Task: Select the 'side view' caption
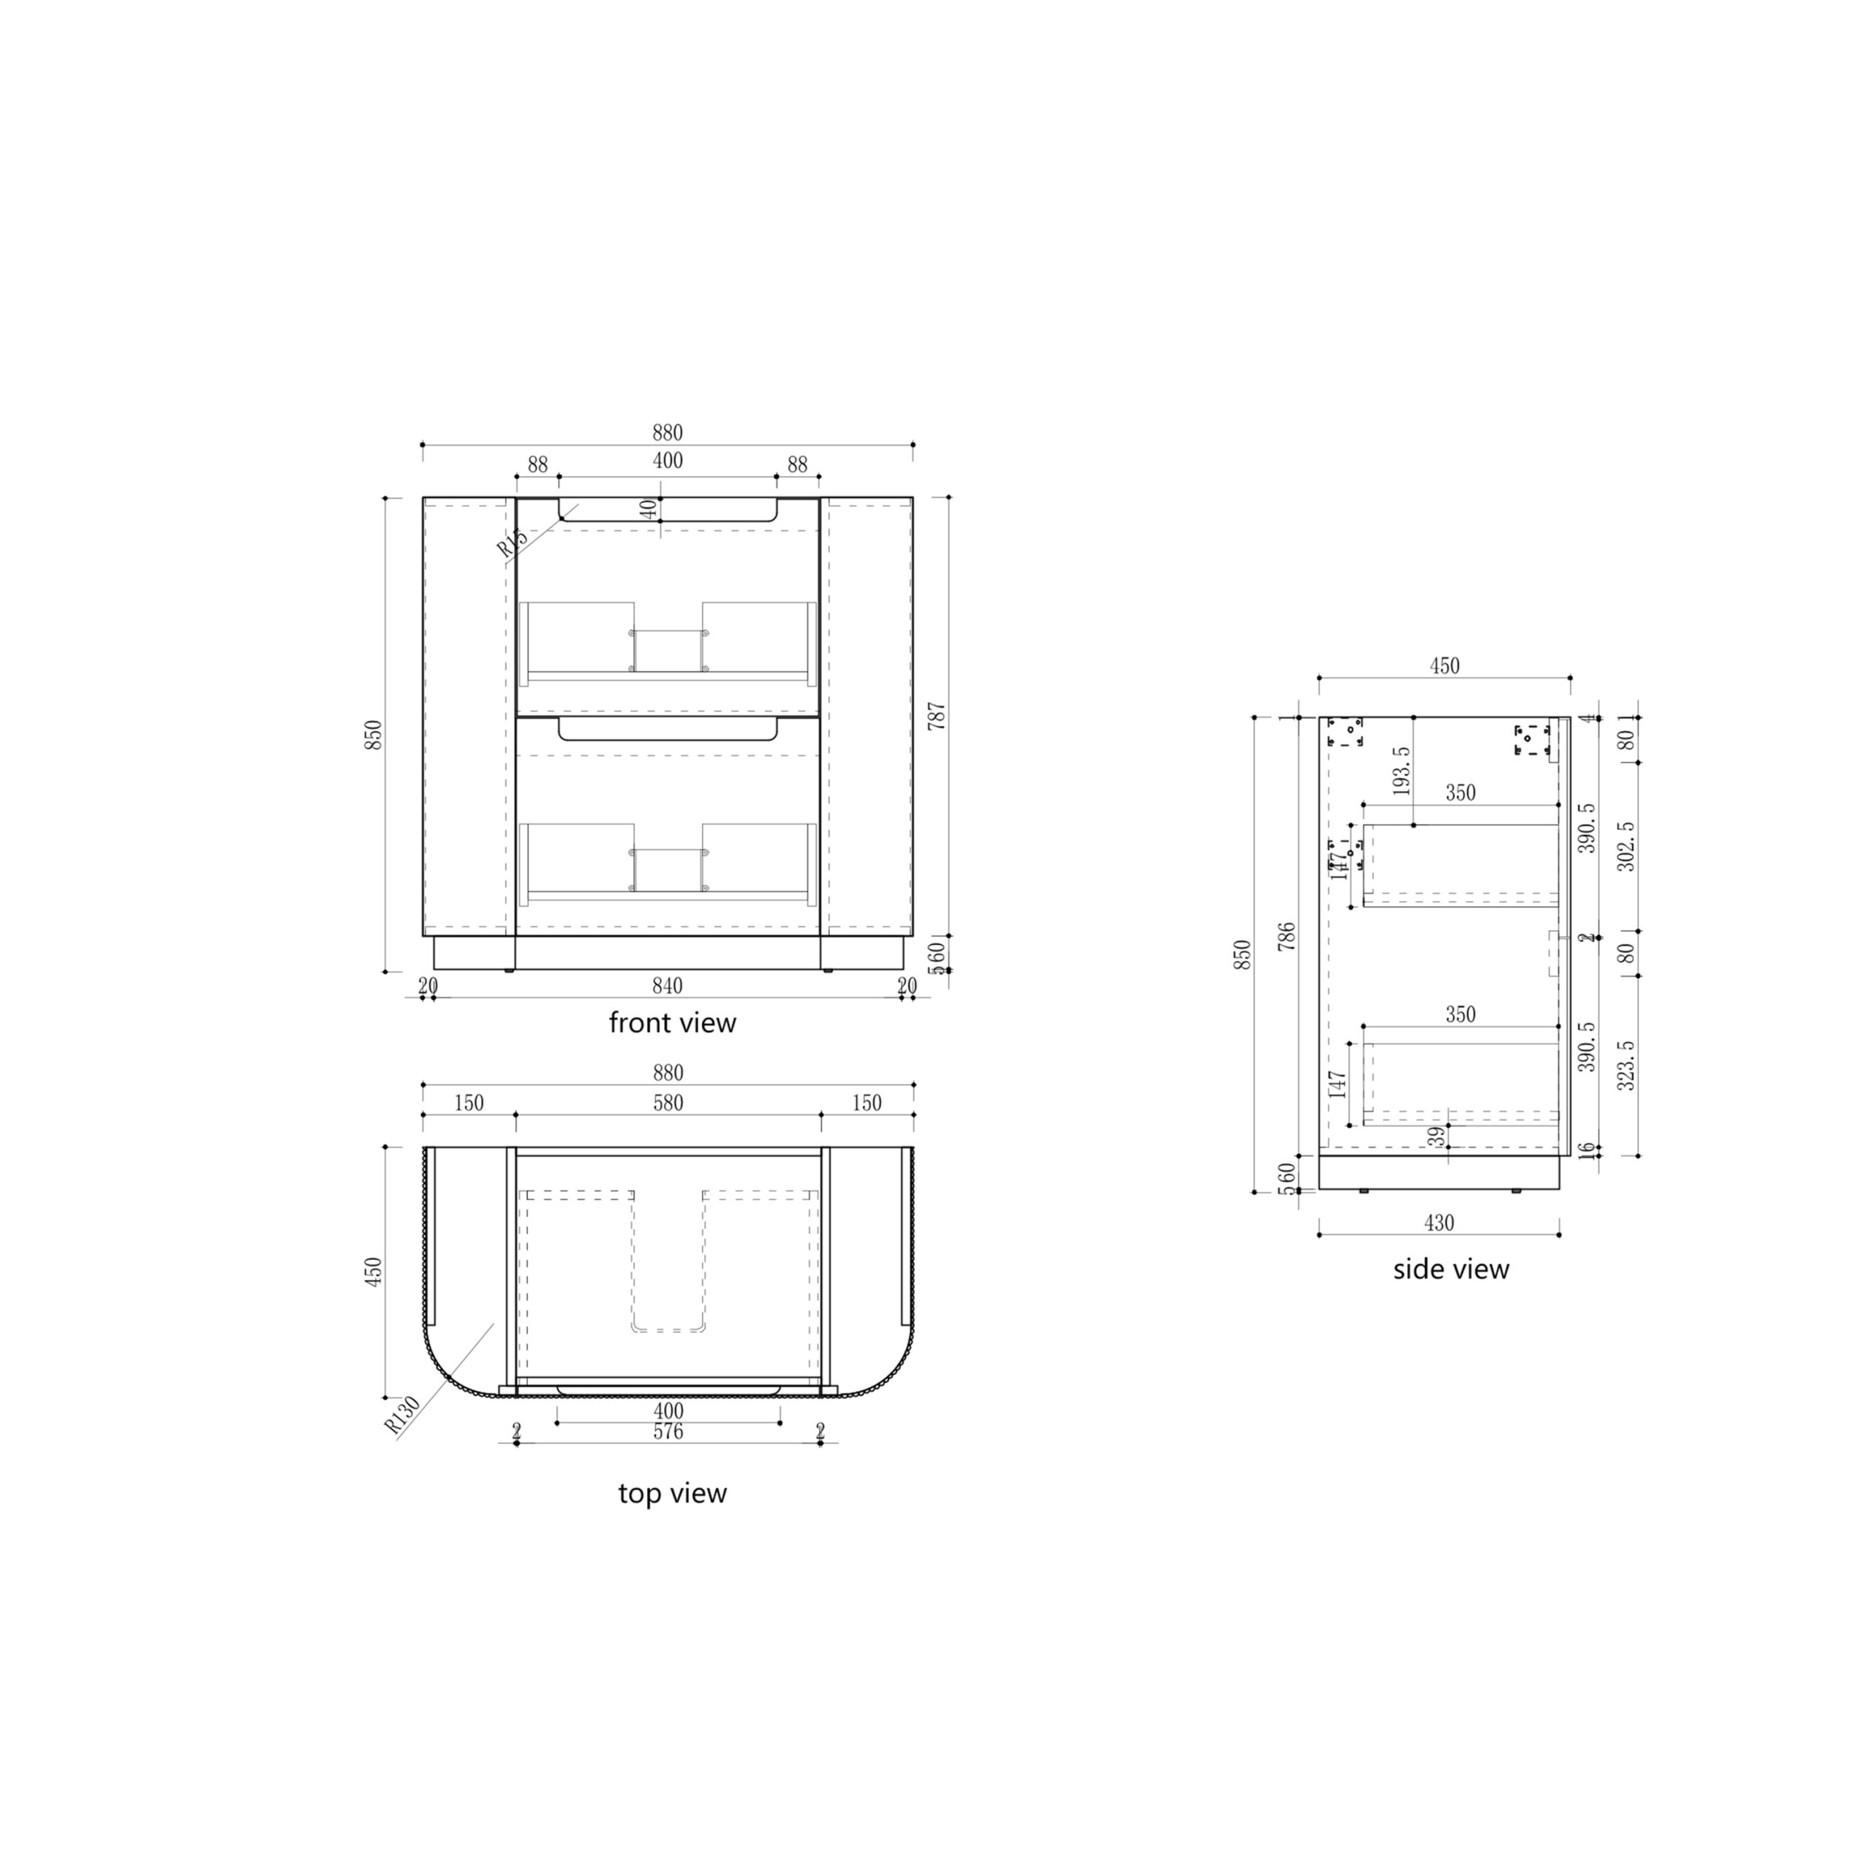[x=1451, y=1269]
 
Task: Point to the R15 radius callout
[x=513, y=543]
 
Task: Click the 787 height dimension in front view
[x=937, y=716]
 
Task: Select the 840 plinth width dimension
[x=668, y=986]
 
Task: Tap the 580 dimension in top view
[x=668, y=1103]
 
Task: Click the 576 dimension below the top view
[x=668, y=1432]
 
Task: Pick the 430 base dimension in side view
[x=1439, y=1223]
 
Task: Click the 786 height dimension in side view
[x=1287, y=936]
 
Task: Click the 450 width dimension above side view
[x=1443, y=665]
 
